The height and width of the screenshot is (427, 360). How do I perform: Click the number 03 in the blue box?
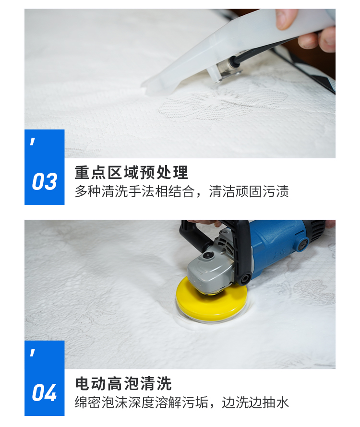[45, 182]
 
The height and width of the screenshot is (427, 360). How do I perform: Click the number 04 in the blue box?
[44, 392]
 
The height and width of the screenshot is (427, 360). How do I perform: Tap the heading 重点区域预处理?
[132, 172]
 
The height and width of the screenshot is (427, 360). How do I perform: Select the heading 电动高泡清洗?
[123, 383]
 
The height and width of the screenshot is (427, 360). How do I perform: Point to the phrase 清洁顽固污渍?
[249, 191]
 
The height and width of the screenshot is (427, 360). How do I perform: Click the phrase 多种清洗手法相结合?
[134, 191]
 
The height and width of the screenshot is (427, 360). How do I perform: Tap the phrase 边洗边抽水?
[255, 403]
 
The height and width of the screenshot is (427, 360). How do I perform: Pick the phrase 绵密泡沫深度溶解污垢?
[141, 403]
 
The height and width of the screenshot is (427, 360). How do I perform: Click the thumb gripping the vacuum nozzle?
[286, 19]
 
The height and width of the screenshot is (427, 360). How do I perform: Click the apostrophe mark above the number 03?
[33, 142]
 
